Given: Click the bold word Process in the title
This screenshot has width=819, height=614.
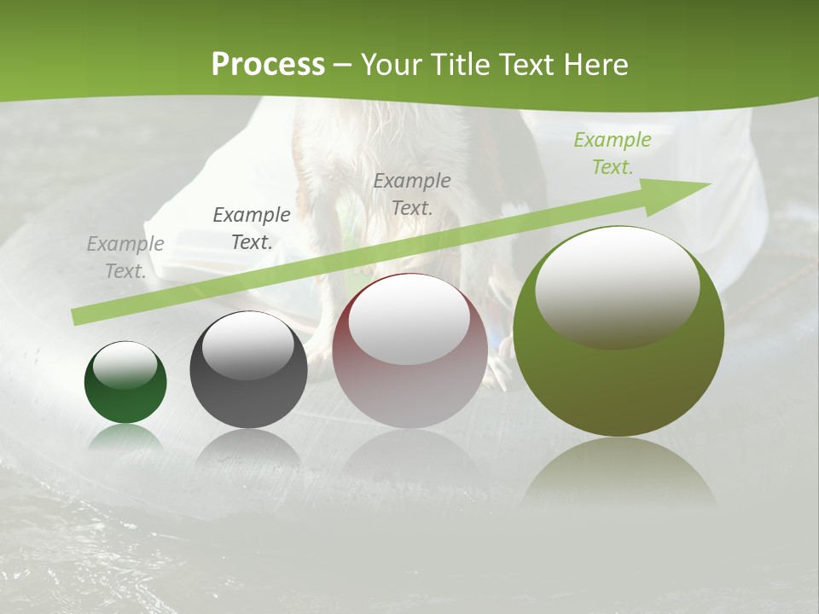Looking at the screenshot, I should pyautogui.click(x=268, y=64).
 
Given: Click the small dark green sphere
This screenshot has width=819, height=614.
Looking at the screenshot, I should pyautogui.click(x=125, y=397).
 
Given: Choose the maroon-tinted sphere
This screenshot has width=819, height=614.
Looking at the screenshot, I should pyautogui.click(x=409, y=392).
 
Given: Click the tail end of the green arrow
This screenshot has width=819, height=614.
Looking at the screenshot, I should pyautogui.click(x=78, y=316).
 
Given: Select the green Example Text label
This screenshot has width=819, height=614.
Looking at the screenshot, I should pyautogui.click(x=613, y=153).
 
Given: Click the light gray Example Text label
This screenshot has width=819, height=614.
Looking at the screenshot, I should pyautogui.click(x=125, y=258).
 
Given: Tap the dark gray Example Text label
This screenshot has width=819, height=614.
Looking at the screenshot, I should pyautogui.click(x=252, y=229).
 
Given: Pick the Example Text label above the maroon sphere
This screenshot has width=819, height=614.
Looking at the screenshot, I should pyautogui.click(x=412, y=194).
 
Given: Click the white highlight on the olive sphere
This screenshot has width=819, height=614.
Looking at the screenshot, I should pyautogui.click(x=617, y=287).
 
